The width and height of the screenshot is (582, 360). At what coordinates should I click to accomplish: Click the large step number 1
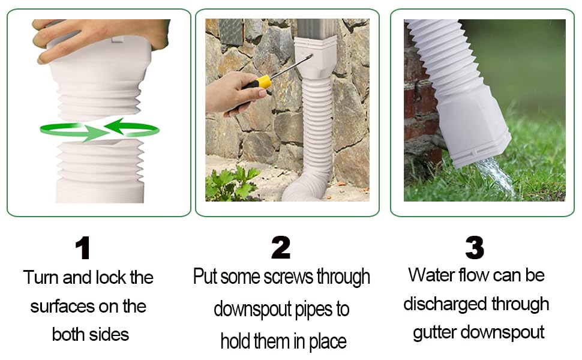[x=83, y=248]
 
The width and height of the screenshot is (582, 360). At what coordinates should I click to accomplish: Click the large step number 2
[x=281, y=248]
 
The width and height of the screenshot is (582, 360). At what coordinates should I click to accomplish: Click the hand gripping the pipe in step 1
[x=96, y=36]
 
